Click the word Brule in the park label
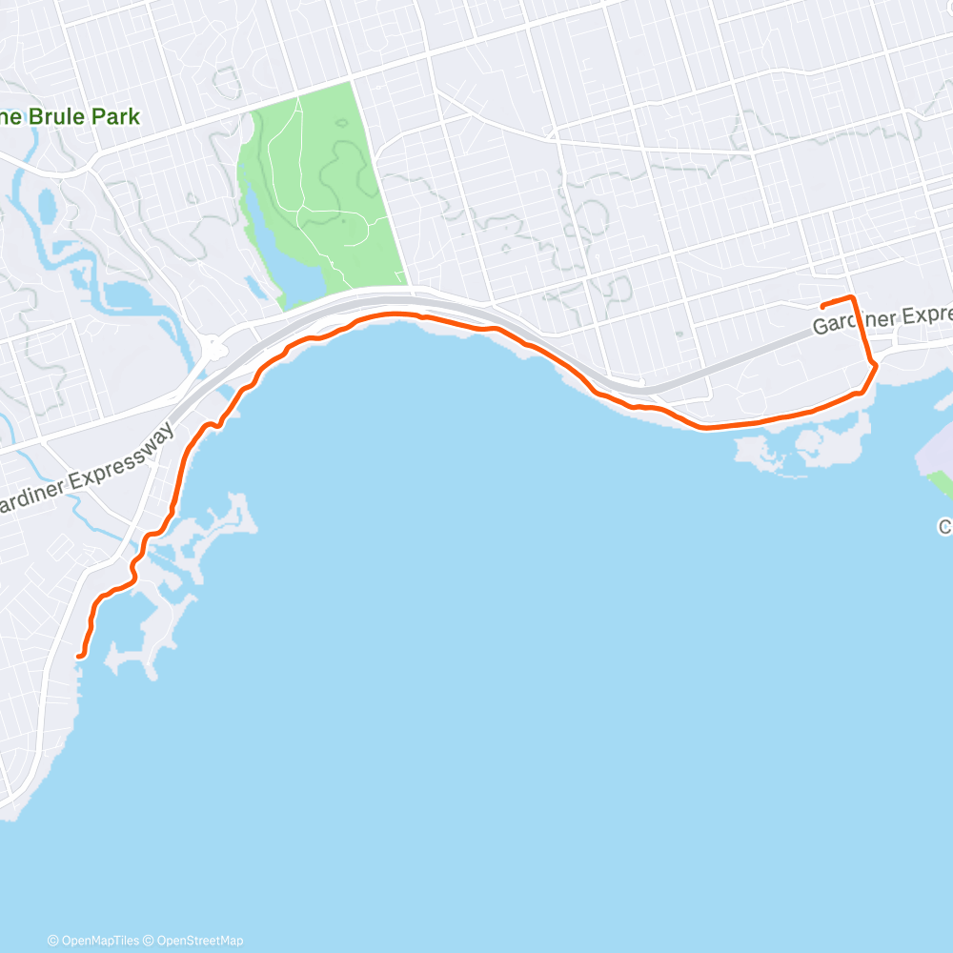pos(68,117)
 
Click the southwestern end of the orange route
pos(79,656)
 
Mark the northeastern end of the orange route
pos(822,305)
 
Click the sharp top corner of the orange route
pos(853,298)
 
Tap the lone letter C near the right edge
pos(945,526)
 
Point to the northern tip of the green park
pos(351,83)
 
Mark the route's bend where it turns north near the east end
pos(873,365)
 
